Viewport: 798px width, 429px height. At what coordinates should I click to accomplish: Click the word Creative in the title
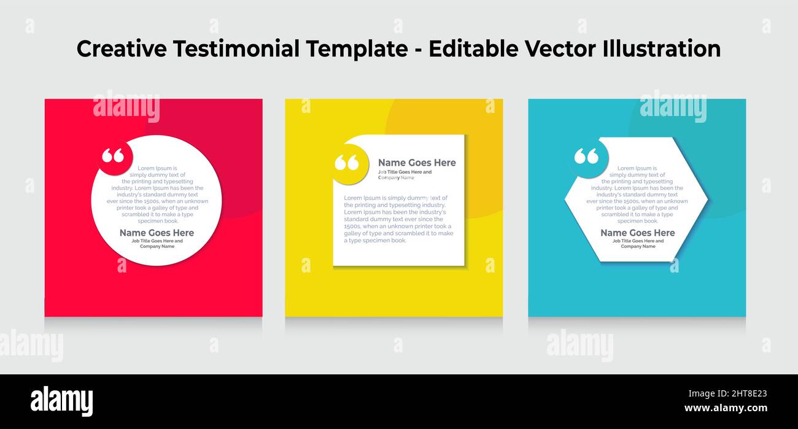tap(122, 49)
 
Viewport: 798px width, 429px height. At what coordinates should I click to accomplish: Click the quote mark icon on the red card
tap(113, 157)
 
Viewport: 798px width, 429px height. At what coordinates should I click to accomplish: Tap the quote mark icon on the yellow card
tap(347, 163)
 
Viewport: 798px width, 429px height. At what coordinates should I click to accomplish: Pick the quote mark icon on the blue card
tap(586, 157)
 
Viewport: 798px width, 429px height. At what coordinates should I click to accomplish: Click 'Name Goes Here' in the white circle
tap(157, 233)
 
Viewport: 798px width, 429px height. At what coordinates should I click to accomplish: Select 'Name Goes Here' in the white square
tap(417, 163)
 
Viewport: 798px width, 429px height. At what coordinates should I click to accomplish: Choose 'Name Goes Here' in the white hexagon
tap(637, 233)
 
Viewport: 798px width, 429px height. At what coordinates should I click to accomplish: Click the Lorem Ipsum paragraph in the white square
tap(398, 219)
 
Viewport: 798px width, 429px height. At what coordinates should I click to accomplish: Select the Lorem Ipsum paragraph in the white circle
tap(157, 194)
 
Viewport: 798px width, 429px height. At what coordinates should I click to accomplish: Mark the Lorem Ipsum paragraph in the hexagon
tap(637, 194)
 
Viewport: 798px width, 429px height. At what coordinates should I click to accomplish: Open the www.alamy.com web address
tap(726, 408)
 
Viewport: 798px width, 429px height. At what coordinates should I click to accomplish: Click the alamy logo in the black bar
tap(61, 401)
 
